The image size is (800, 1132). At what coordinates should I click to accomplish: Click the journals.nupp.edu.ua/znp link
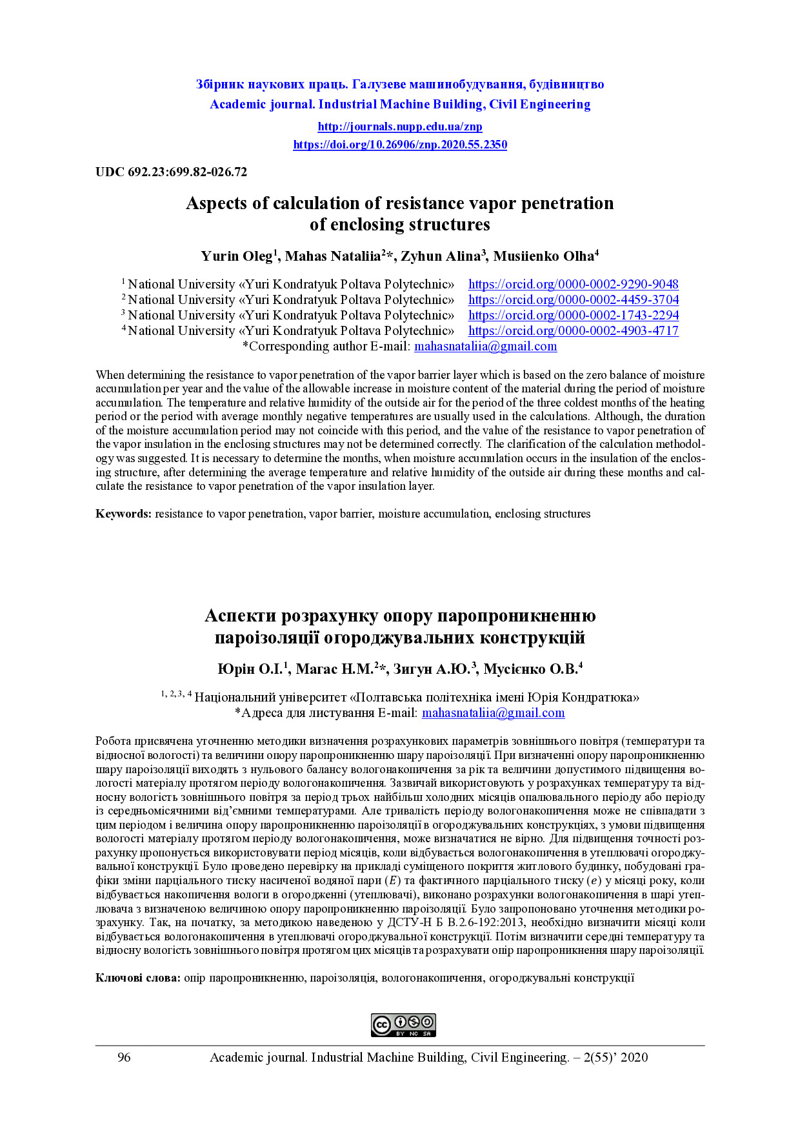(400, 126)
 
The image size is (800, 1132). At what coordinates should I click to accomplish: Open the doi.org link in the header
(400, 145)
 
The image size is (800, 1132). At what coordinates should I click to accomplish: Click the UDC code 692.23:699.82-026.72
(172, 172)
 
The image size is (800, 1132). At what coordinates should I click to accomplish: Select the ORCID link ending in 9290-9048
(573, 285)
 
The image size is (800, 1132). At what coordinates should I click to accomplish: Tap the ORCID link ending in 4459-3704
(573, 300)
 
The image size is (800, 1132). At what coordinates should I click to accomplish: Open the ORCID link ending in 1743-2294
(573, 316)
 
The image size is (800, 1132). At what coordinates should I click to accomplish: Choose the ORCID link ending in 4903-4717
(573, 331)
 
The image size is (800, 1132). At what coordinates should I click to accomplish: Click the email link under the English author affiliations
(485, 347)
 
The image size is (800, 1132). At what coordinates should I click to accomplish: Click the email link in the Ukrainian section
(493, 713)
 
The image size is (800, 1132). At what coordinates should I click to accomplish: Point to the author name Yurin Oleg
(236, 256)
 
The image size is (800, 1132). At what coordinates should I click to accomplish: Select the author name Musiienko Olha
(543, 256)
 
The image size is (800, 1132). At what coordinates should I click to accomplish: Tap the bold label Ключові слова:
(137, 978)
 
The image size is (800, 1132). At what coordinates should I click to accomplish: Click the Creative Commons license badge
(403, 1025)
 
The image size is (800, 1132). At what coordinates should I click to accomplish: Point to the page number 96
(124, 1057)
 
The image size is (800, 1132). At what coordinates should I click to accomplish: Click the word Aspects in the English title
(217, 203)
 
